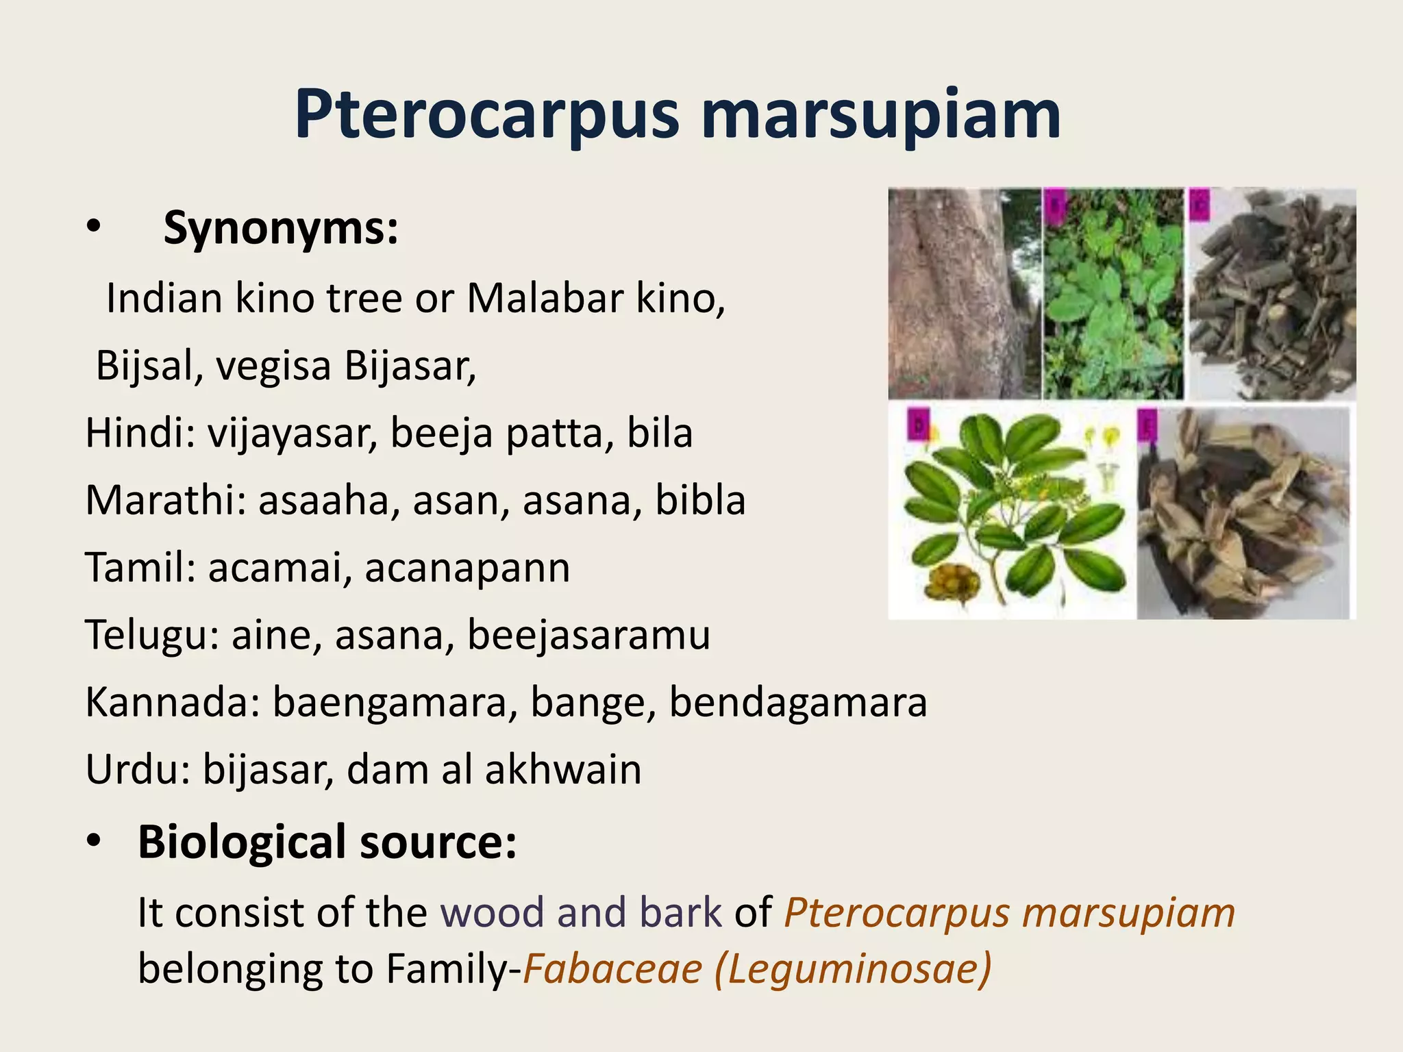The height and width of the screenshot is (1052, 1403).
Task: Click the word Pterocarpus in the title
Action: (x=487, y=115)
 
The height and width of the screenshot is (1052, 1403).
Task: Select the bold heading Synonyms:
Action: (x=281, y=227)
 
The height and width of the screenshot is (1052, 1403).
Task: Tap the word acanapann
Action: (x=467, y=568)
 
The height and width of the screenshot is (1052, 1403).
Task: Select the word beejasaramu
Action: (x=589, y=635)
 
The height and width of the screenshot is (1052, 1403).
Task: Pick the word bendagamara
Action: (x=798, y=703)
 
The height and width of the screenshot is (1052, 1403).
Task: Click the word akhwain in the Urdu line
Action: (x=563, y=770)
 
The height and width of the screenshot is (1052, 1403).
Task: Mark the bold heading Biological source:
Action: (x=327, y=842)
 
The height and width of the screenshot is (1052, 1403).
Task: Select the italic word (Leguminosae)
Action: (x=854, y=969)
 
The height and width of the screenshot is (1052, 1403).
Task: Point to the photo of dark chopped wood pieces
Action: (x=1271, y=295)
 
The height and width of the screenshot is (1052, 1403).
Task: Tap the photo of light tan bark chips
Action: (x=1243, y=514)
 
